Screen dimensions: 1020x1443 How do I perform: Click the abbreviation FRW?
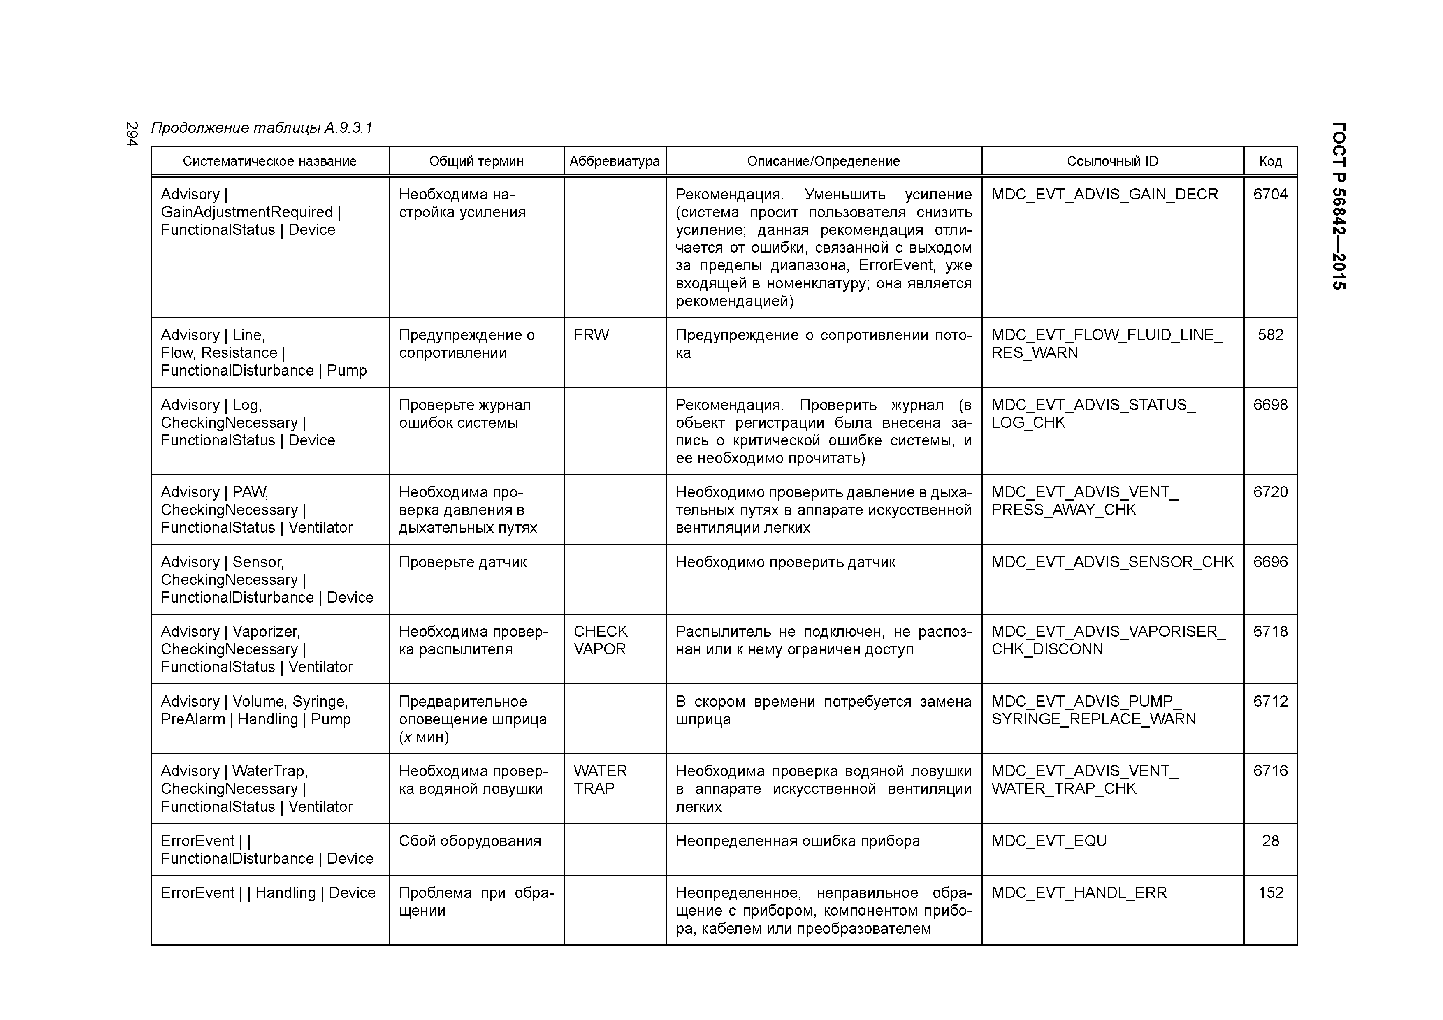click(x=591, y=335)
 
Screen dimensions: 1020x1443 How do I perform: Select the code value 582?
click(x=1270, y=335)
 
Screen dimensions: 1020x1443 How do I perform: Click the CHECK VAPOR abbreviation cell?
click(x=600, y=640)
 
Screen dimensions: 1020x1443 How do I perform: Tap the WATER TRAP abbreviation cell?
click(x=600, y=780)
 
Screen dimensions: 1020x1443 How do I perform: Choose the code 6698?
click(x=1270, y=405)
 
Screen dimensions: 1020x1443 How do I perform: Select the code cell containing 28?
click(x=1270, y=841)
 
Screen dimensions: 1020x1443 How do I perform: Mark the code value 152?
click(x=1270, y=893)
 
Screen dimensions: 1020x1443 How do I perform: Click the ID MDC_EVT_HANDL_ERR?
click(x=1079, y=893)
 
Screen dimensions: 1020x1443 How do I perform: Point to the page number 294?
click(x=131, y=134)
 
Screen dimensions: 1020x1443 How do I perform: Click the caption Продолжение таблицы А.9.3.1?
click(x=262, y=128)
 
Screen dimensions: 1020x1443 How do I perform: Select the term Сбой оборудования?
click(x=469, y=841)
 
